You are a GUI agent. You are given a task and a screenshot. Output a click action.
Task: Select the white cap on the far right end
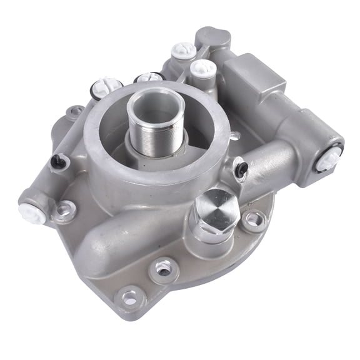pyautogui.click(x=327, y=159)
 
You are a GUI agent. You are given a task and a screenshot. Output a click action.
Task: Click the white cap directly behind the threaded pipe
pyautogui.click(x=149, y=78)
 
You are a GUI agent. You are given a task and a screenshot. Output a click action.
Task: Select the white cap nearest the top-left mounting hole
pyautogui.click(x=107, y=86)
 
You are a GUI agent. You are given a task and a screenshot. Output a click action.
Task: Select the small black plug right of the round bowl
pyautogui.click(x=241, y=167)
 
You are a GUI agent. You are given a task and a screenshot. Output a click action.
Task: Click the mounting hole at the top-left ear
pyautogui.click(x=76, y=113)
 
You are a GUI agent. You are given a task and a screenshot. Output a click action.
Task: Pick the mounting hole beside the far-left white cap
pyautogui.click(x=64, y=212)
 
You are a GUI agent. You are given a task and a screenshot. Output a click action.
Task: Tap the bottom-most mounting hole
pyautogui.click(x=129, y=299)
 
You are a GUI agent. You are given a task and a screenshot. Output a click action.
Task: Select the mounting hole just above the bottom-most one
pyautogui.click(x=164, y=269)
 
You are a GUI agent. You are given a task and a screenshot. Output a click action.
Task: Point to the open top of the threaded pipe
pyautogui.click(x=152, y=100)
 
